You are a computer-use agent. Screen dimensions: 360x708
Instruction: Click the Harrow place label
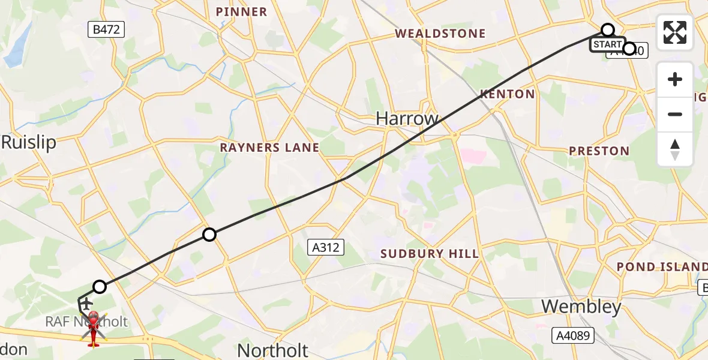pos(407,118)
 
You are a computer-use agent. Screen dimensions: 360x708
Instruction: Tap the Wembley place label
pos(581,307)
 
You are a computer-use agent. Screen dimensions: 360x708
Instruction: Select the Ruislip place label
pos(28,142)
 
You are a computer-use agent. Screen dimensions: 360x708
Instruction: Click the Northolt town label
pos(273,350)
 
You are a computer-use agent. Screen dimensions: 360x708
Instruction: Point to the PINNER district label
pos(241,12)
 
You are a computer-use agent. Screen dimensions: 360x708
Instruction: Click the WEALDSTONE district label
pos(440,34)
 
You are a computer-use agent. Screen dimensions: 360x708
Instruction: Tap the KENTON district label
pos(507,94)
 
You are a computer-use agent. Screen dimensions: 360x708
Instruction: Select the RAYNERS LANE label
pos(269,147)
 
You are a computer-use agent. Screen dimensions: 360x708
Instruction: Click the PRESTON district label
pos(599,151)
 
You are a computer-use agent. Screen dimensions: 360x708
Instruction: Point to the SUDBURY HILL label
pos(430,254)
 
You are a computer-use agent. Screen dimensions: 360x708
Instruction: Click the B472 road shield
pos(106,29)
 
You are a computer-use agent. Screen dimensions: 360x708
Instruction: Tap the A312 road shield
pos(326,247)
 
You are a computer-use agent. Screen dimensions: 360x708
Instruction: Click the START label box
pos(607,44)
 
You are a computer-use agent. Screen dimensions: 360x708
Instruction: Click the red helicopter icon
pos(94,328)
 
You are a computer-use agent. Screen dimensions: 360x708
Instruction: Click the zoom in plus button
pos(675,79)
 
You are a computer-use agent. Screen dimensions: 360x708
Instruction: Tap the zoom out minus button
pos(675,114)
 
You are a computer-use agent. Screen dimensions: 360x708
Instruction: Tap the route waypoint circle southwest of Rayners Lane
pos(209,235)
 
